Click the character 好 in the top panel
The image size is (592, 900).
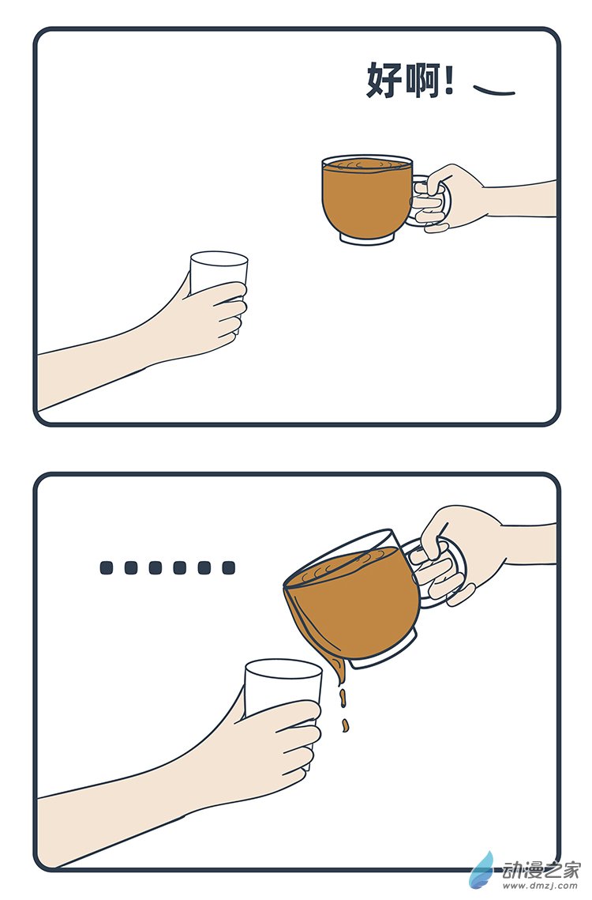click(384, 81)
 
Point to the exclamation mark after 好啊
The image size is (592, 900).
click(450, 81)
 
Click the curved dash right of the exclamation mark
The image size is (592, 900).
click(493, 89)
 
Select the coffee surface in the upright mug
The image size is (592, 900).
click(367, 164)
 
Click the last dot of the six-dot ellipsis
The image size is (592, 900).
click(228, 567)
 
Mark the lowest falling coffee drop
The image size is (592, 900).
click(345, 724)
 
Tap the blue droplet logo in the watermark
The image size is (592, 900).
click(483, 871)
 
